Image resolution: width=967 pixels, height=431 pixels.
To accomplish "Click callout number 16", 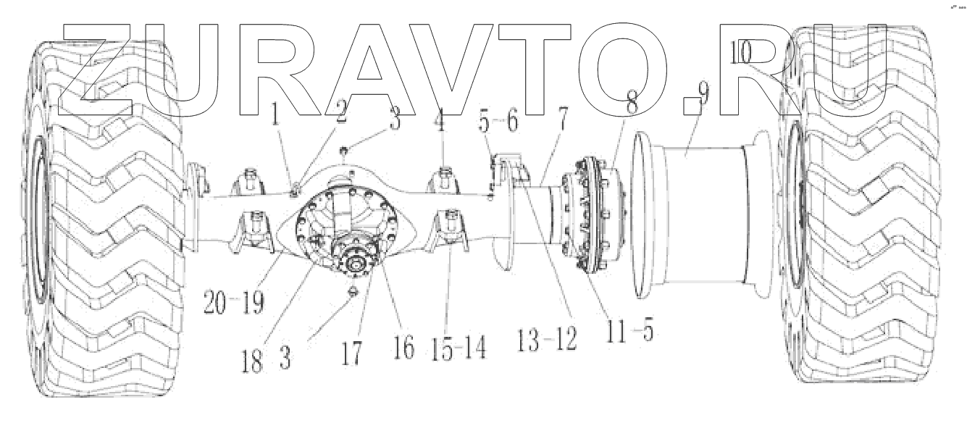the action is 404,348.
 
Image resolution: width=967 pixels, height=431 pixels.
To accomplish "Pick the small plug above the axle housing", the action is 346,151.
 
